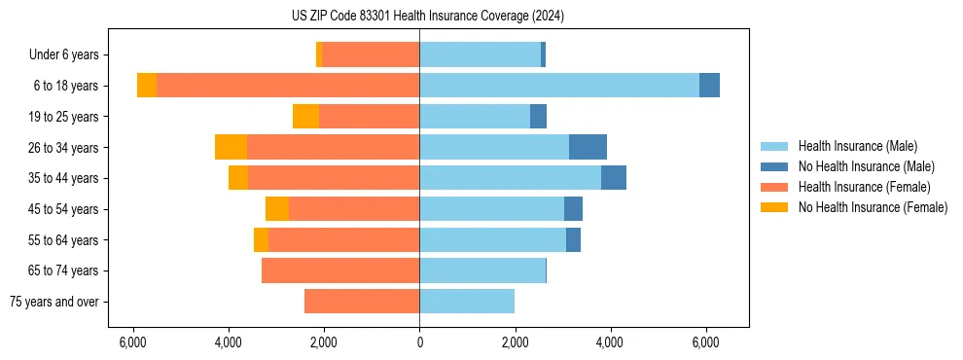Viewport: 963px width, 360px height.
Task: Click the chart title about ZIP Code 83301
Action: (x=427, y=16)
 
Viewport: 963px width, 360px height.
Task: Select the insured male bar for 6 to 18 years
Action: (x=559, y=86)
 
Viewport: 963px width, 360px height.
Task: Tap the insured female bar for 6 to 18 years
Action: (x=288, y=86)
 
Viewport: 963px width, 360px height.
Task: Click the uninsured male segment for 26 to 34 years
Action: (x=588, y=147)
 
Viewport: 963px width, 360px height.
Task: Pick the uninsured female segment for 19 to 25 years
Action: (x=305, y=117)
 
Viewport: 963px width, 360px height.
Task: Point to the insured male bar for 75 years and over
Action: (x=467, y=302)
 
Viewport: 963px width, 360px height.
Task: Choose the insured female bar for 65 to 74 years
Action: (x=340, y=270)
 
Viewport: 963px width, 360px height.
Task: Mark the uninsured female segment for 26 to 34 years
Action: (x=231, y=147)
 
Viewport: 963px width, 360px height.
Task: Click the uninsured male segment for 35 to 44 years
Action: (x=614, y=178)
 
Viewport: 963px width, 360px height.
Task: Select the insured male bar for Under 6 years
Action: (x=480, y=54)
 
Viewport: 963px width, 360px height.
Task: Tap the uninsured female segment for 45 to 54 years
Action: (x=277, y=209)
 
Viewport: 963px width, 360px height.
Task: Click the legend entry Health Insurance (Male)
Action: (x=857, y=146)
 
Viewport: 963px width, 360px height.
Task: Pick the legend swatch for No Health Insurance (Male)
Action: (x=774, y=166)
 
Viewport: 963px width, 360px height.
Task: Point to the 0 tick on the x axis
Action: (x=419, y=342)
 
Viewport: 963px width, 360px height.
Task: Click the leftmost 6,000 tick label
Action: (x=132, y=342)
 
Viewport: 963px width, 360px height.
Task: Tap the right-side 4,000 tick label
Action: (x=610, y=342)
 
